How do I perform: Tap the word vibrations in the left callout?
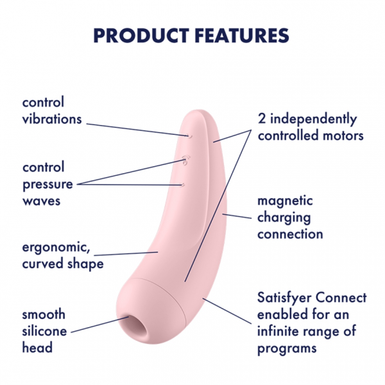[x=52, y=119]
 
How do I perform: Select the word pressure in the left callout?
[x=48, y=184]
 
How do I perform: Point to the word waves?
[x=41, y=201]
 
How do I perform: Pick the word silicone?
[x=45, y=331]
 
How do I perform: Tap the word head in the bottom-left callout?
[x=37, y=348]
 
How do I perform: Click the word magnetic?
[x=285, y=201]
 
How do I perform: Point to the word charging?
[x=284, y=218]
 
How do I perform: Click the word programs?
[x=287, y=348]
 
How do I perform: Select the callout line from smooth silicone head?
[x=99, y=324]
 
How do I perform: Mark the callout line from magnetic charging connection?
[x=237, y=216]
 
